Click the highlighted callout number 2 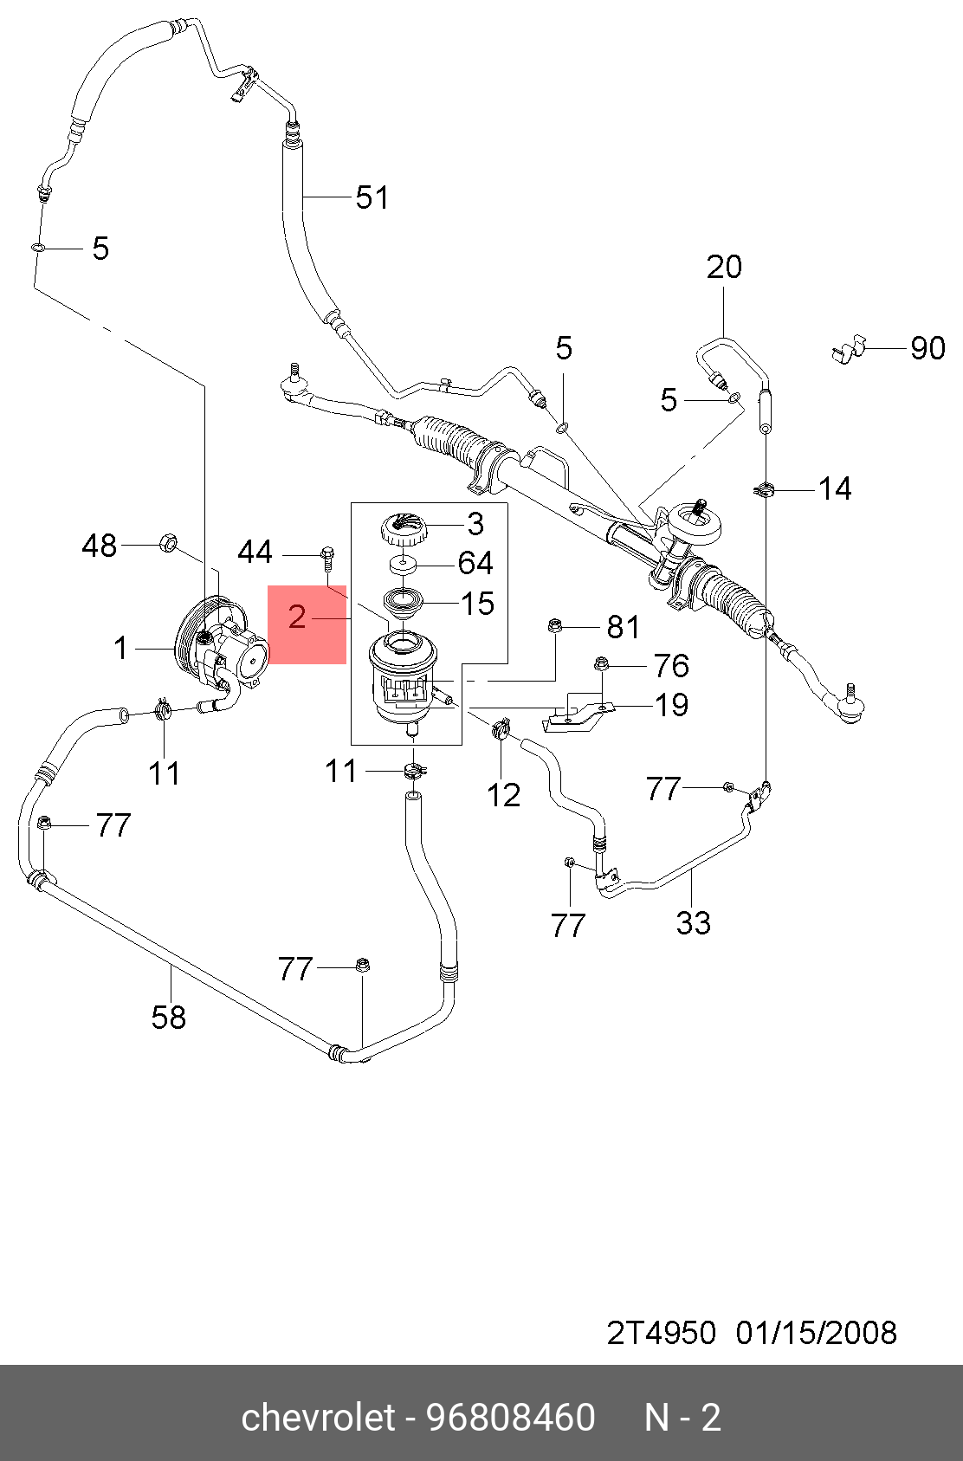(x=297, y=617)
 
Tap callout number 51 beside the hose (x=372, y=197)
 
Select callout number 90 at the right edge (x=927, y=348)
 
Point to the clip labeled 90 (x=848, y=348)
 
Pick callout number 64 (x=475, y=563)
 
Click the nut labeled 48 (x=169, y=545)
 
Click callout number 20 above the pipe (x=724, y=267)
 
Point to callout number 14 (x=835, y=489)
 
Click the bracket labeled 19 (x=575, y=717)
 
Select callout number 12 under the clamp (x=503, y=795)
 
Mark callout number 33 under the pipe (x=694, y=923)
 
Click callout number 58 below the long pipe (x=169, y=1018)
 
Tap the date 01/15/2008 (x=816, y=1332)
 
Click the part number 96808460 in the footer (x=512, y=1418)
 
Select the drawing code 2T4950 (x=661, y=1332)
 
